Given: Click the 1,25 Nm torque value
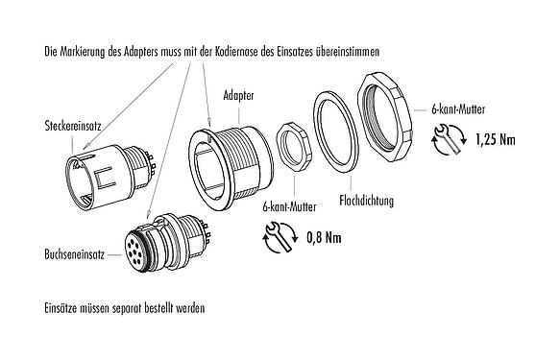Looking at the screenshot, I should point(496,140).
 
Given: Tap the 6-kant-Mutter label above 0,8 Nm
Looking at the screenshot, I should point(288,204).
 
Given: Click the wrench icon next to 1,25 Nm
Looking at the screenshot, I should point(447,140).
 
